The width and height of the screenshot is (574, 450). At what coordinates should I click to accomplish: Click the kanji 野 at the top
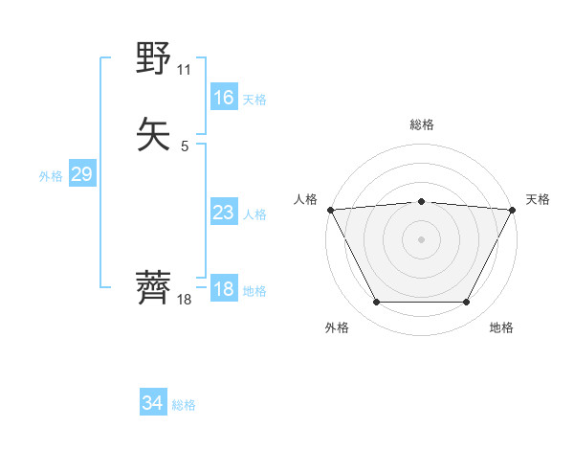tap(155, 59)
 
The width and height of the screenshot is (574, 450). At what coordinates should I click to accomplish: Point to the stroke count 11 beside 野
tap(185, 70)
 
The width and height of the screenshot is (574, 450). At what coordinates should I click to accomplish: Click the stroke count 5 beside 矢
tap(185, 146)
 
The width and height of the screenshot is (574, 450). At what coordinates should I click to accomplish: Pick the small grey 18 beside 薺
tap(185, 299)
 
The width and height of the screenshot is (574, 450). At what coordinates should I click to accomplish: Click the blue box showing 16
tap(223, 97)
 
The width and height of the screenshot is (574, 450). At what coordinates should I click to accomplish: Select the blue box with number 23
tap(223, 213)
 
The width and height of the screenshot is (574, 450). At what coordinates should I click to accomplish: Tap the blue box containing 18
tap(223, 289)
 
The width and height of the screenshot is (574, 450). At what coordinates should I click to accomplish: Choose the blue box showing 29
tap(82, 174)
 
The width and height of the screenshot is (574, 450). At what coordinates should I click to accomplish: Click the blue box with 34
tap(152, 404)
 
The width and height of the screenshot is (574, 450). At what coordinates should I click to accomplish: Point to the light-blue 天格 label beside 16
tap(254, 99)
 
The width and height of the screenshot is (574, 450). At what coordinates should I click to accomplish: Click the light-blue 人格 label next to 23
tap(254, 214)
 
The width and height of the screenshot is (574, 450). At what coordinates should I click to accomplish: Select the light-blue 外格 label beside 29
tap(51, 176)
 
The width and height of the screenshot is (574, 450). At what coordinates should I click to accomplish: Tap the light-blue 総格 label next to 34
tap(184, 406)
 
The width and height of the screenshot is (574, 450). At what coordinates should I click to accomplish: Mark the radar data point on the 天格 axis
tap(513, 209)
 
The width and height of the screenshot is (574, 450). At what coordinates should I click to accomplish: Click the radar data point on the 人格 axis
tap(330, 209)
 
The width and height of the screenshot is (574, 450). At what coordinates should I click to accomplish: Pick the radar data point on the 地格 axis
tap(466, 303)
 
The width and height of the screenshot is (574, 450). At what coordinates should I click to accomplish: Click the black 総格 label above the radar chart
tap(422, 124)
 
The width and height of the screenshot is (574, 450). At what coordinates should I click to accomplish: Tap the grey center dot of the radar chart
tap(422, 237)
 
